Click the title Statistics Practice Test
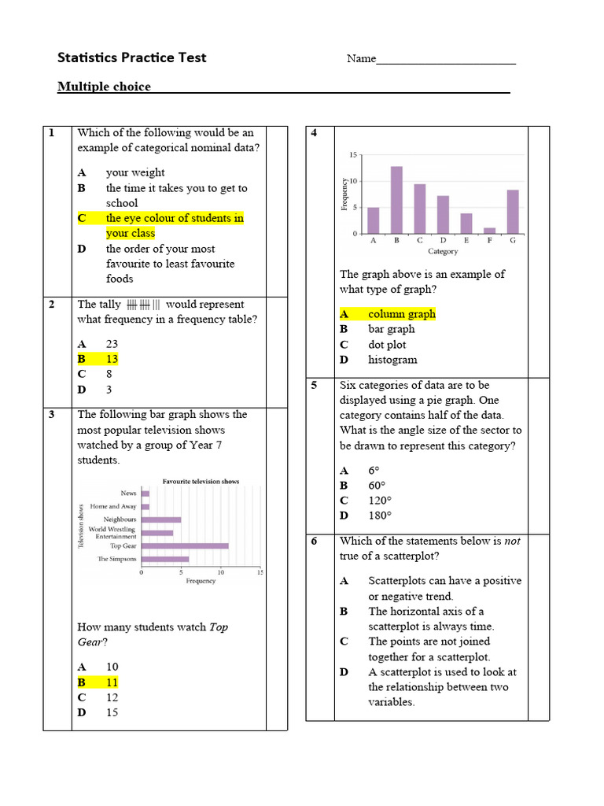pos(131,57)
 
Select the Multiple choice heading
pos(104,87)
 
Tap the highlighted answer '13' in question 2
pos(112,359)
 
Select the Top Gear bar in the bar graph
pos(185,545)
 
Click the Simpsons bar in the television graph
pos(165,559)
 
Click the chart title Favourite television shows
pos(201,482)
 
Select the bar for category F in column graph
pos(489,231)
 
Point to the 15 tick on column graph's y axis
pos(353,155)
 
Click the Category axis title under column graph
pos(443,252)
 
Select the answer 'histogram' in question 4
pos(392,360)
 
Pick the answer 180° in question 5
pos(379,516)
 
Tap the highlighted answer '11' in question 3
pos(112,682)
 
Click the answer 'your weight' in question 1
pos(135,172)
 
